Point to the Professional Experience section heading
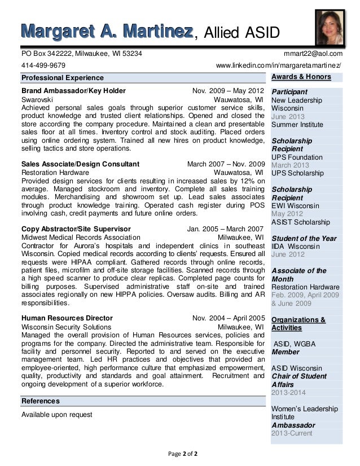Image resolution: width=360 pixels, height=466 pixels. tap(62, 77)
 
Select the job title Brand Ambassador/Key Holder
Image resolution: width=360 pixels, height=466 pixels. tap(73, 91)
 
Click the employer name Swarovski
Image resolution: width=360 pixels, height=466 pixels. tap(37, 99)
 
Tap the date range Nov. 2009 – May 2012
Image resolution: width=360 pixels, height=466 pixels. tap(228, 91)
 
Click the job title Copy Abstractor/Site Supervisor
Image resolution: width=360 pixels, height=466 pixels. tap(76, 229)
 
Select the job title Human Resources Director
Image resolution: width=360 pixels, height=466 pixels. tap(67, 318)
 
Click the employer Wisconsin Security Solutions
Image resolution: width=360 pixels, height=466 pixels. tap(66, 327)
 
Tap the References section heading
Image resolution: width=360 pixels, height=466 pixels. tap(40, 401)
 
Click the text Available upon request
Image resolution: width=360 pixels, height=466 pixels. tap(56, 415)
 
